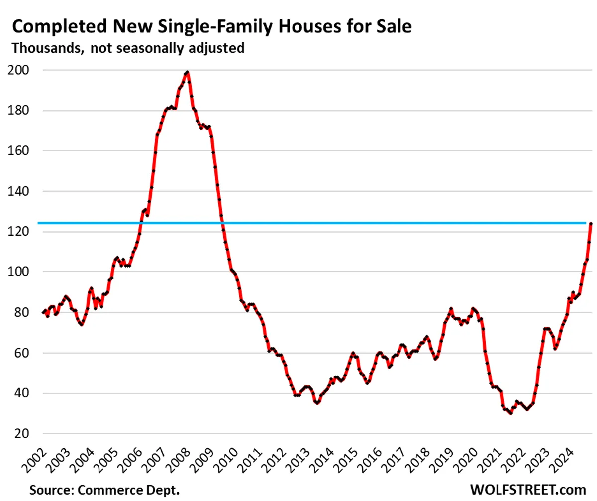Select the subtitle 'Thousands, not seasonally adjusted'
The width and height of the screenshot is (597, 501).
pyautogui.click(x=128, y=49)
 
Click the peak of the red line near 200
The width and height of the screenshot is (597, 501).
pyautogui.click(x=187, y=73)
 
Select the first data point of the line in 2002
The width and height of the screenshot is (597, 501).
pyautogui.click(x=43, y=312)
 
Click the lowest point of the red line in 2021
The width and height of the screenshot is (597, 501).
pyautogui.click(x=510, y=413)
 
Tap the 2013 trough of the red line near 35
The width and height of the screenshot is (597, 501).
pyautogui.click(x=317, y=403)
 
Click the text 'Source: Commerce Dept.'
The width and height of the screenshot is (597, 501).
pyautogui.click(x=104, y=490)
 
